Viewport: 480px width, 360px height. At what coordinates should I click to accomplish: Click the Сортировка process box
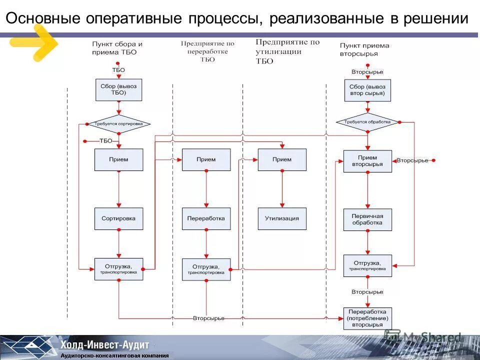118,219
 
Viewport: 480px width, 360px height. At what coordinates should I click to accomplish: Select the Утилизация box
282,219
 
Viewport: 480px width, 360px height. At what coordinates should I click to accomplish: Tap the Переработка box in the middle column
206,219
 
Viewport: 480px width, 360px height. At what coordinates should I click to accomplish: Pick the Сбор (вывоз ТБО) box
118,89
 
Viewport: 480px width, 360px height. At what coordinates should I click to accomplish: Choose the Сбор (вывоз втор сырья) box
367,90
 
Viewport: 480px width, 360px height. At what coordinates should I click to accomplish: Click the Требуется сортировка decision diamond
118,123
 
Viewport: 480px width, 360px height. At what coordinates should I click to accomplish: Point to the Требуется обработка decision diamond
367,122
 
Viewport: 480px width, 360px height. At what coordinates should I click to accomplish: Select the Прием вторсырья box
367,161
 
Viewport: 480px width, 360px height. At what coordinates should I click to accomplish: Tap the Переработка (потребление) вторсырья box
367,318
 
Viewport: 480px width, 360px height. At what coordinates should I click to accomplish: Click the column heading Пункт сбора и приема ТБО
117,47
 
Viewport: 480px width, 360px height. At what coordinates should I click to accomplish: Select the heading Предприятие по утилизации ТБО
287,51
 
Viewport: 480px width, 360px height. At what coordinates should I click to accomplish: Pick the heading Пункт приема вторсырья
364,49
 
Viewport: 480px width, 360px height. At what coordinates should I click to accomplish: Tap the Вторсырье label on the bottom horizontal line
208,318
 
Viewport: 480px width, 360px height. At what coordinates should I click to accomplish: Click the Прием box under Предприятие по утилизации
282,160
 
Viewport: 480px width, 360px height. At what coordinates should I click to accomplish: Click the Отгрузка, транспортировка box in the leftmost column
118,269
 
